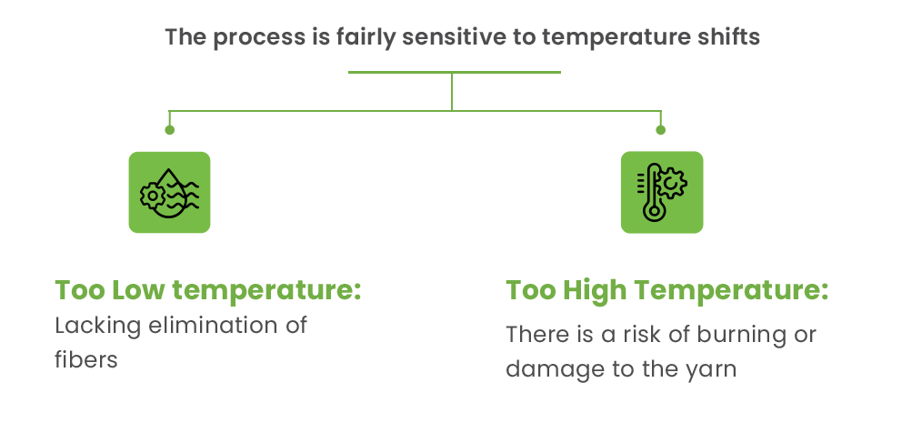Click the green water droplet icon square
pos(169,192)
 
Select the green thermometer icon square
pos(661,192)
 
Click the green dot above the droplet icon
pos(169,130)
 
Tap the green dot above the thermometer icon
pos(661,130)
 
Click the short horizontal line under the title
pos(455,72)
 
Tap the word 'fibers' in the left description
pos(86,359)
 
